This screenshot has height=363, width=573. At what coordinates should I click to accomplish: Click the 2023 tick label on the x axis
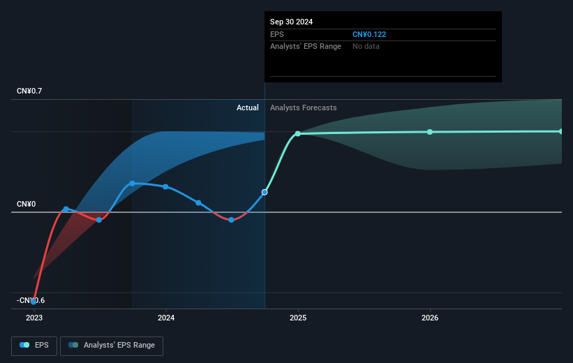pyautogui.click(x=34, y=318)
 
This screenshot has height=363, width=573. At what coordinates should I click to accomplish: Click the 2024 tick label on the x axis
pyautogui.click(x=166, y=318)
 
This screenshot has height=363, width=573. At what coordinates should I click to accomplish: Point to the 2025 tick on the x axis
pyautogui.click(x=298, y=318)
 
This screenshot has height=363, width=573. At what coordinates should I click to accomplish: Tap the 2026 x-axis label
pyautogui.click(x=430, y=318)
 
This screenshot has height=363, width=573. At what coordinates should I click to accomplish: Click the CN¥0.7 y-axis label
pyautogui.click(x=29, y=91)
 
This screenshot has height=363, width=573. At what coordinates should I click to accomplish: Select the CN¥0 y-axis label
pyautogui.click(x=26, y=205)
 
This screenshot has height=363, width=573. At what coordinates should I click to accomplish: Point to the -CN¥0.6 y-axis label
pyautogui.click(x=30, y=300)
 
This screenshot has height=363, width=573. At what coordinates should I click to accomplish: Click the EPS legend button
pyautogui.click(x=35, y=345)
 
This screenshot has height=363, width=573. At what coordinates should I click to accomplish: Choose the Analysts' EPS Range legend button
pyautogui.click(x=112, y=345)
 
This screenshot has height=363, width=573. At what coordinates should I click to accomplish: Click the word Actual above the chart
pyautogui.click(x=247, y=108)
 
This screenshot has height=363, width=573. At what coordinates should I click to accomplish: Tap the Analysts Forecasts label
pyautogui.click(x=303, y=108)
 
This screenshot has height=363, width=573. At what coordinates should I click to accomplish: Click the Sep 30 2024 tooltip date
pyautogui.click(x=292, y=22)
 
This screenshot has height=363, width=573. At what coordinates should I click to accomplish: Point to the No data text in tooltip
pyautogui.click(x=366, y=46)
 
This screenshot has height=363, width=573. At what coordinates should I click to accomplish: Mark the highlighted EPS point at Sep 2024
pyautogui.click(x=265, y=192)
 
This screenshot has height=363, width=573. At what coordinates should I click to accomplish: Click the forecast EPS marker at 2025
pyautogui.click(x=298, y=133)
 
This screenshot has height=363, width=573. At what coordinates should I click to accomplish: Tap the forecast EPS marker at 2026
pyautogui.click(x=430, y=132)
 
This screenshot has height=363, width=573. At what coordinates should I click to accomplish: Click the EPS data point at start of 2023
pyautogui.click(x=34, y=302)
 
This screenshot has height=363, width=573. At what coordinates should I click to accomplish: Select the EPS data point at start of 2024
pyautogui.click(x=165, y=186)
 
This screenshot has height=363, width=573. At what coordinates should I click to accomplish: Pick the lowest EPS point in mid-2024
pyautogui.click(x=231, y=220)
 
